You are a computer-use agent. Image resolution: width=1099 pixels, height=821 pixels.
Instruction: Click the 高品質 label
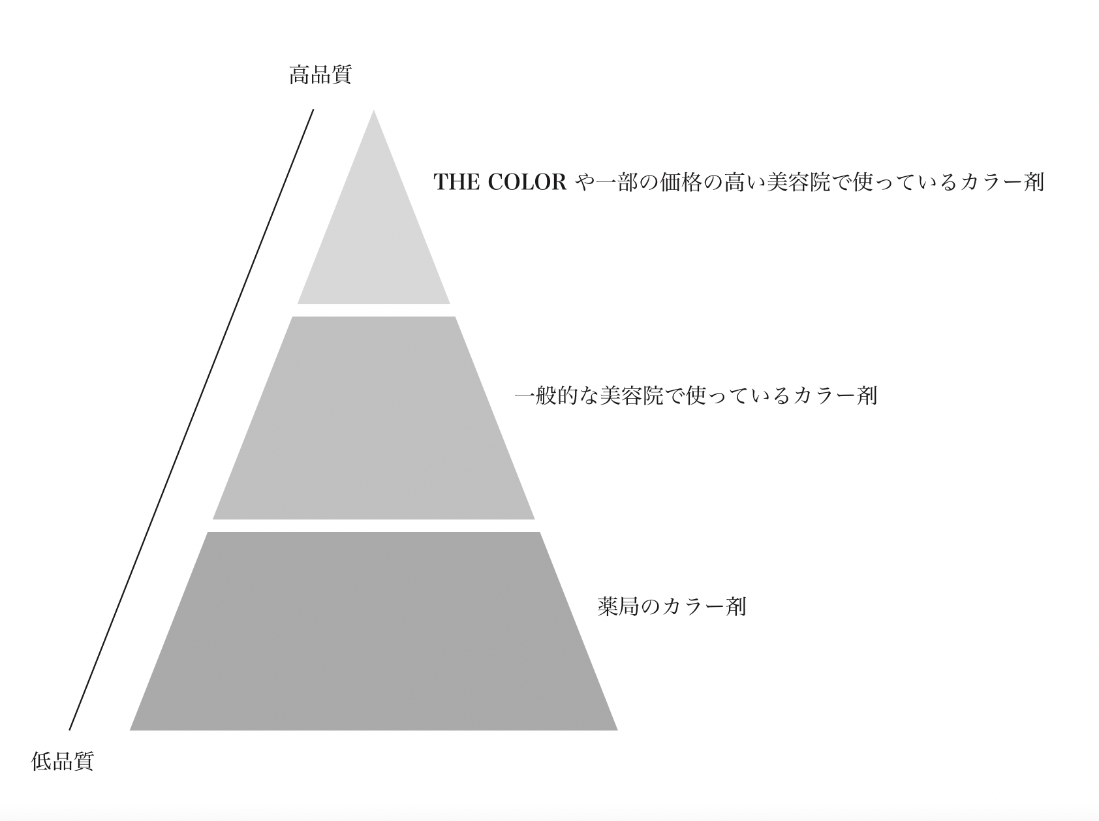click(x=320, y=75)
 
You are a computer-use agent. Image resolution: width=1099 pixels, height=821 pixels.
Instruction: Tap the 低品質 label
click(x=63, y=761)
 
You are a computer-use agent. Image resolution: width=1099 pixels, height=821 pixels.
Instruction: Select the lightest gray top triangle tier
click(x=374, y=241)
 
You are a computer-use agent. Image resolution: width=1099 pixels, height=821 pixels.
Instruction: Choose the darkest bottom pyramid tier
click(x=374, y=633)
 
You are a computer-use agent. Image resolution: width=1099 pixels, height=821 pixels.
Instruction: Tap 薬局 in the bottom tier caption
click(x=618, y=606)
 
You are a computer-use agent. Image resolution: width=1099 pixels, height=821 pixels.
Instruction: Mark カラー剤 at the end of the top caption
click(x=1002, y=182)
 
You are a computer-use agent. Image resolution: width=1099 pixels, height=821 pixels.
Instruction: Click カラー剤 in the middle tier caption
click(x=835, y=395)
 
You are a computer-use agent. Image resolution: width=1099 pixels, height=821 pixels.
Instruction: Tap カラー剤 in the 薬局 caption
click(x=704, y=606)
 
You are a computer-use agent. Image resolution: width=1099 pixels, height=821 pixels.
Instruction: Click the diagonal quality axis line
click(x=191, y=419)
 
